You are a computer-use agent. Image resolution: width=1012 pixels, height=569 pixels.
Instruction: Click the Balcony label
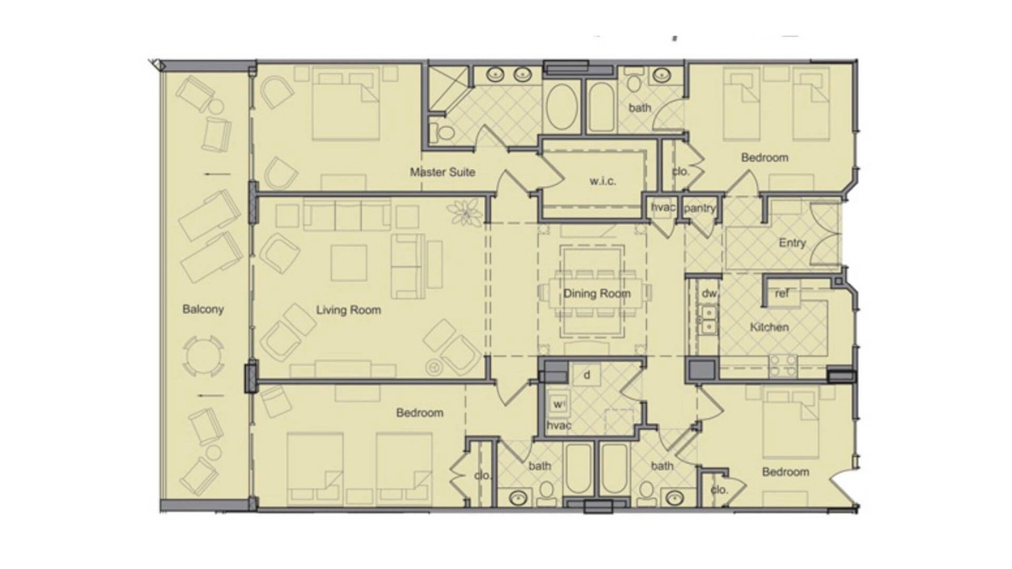pos(203,309)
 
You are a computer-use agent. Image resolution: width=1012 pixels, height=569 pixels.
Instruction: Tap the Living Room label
pos(349,310)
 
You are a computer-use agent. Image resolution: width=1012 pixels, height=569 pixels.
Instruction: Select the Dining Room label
pos(597,293)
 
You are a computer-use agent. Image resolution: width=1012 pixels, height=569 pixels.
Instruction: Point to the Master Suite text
pos(442,172)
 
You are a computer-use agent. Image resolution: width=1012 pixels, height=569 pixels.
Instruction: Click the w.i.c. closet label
pos(602,181)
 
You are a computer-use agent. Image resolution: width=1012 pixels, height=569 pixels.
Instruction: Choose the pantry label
pos(700,208)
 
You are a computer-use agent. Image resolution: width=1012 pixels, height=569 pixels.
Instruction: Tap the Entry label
pos(792,243)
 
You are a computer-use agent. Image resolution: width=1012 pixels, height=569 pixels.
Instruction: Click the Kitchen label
pos(769,327)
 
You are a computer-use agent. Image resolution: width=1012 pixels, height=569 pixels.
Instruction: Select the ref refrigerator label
pos(782,293)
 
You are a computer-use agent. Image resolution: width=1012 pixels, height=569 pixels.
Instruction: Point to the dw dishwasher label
pos(709,293)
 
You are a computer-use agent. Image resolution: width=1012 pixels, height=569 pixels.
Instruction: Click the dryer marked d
pos(587,375)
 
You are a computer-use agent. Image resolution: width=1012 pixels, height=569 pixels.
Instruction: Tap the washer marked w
pos(558,404)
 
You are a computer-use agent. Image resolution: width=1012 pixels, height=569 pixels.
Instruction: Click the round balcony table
pos(203,356)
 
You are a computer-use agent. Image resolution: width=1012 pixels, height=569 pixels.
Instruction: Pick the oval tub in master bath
pos(561,107)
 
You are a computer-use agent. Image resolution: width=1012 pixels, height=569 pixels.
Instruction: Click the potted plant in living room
pos(464,211)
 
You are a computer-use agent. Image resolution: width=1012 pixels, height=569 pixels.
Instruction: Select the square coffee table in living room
pos(349,263)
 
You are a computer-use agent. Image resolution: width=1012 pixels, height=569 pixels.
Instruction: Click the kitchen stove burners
pos(783,366)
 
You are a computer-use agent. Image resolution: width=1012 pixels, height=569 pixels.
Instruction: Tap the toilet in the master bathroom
pos(442,132)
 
